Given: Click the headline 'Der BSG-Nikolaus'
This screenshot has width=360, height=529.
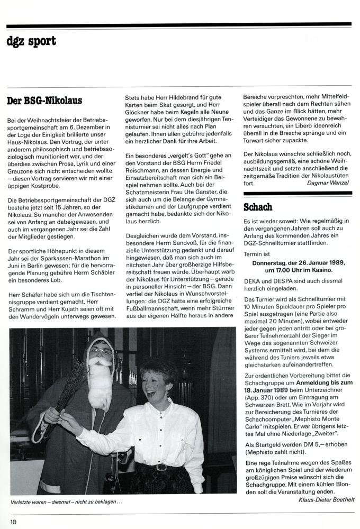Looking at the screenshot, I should [45, 99].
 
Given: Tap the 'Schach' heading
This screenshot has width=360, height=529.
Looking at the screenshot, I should [258, 207].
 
